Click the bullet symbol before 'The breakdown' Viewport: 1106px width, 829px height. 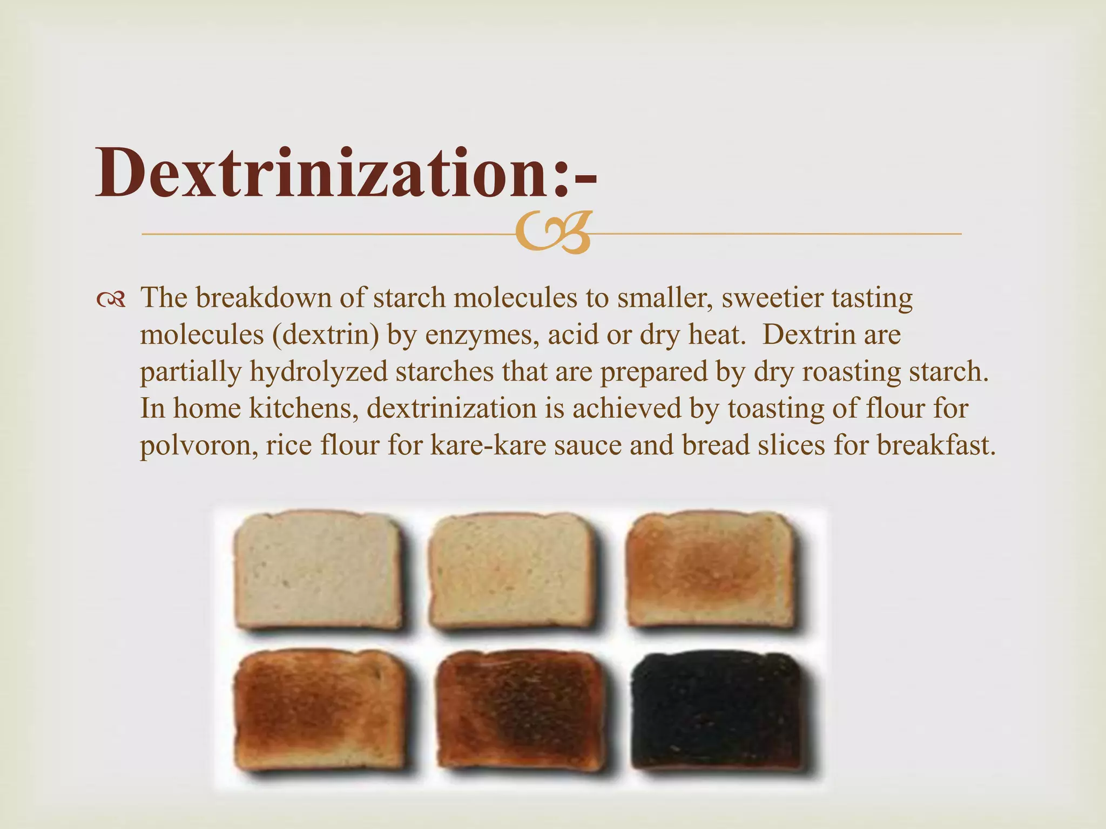[111, 300]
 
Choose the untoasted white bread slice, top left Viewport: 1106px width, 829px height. [318, 572]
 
